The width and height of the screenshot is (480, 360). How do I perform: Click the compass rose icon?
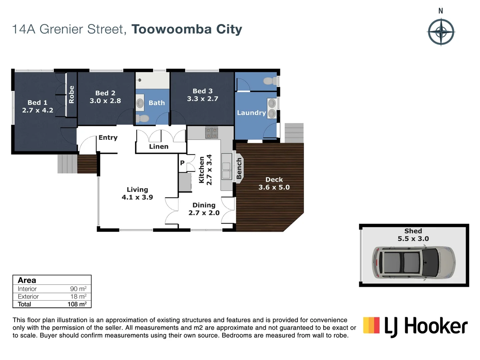pyautogui.click(x=441, y=32)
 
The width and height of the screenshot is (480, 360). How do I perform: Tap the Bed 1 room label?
pyautogui.click(x=37, y=102)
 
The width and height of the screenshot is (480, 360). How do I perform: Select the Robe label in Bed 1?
pyautogui.click(x=71, y=94)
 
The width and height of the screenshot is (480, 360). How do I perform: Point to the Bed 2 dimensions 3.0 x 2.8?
pyautogui.click(x=105, y=101)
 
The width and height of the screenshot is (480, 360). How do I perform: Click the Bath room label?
pyautogui.click(x=157, y=103)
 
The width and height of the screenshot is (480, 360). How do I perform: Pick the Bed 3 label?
pyautogui.click(x=202, y=91)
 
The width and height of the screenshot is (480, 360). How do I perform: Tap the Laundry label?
pyautogui.click(x=251, y=113)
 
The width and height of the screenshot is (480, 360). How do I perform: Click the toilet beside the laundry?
pyautogui.click(x=270, y=81)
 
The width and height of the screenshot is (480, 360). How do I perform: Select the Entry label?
pyautogui.click(x=108, y=137)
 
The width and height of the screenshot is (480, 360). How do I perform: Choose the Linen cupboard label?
pyautogui.click(x=159, y=146)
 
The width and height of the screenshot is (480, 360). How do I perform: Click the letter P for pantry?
pyautogui.click(x=182, y=163)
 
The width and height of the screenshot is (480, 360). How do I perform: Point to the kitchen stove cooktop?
pyautogui.click(x=211, y=133)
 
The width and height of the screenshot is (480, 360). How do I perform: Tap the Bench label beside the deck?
pyautogui.click(x=239, y=168)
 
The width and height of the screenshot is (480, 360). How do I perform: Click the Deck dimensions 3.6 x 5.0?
pyautogui.click(x=274, y=187)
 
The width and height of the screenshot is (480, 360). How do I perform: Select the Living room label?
pyautogui.click(x=137, y=189)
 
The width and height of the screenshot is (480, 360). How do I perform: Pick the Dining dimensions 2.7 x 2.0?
pyautogui.click(x=204, y=213)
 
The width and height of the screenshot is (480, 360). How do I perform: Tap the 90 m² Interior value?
pyautogui.click(x=78, y=289)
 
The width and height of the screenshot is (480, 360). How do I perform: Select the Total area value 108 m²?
pyautogui.click(x=77, y=304)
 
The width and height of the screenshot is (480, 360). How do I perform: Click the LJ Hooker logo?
pyautogui.click(x=415, y=326)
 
